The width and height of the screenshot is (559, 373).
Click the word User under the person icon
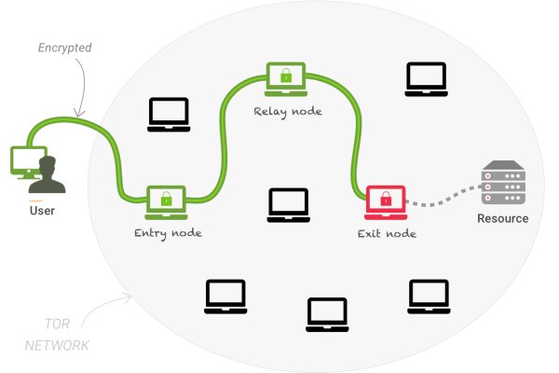point(42,211)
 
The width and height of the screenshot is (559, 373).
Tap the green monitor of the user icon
point(26,160)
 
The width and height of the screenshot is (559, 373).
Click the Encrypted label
point(64,47)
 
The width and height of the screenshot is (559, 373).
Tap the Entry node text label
point(168,232)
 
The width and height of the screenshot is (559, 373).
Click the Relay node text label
point(288,111)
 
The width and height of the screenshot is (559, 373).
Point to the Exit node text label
point(387,233)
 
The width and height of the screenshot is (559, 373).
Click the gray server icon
point(501,183)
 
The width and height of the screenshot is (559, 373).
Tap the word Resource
point(502,219)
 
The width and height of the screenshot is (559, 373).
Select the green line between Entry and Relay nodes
point(224,140)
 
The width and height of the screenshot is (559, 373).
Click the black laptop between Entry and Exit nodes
point(288,205)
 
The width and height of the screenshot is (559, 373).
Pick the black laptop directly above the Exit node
point(426,79)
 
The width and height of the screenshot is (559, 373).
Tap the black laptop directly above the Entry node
point(169,114)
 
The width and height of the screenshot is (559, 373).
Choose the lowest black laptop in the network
point(327,315)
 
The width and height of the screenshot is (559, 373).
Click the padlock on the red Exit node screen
point(386,198)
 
